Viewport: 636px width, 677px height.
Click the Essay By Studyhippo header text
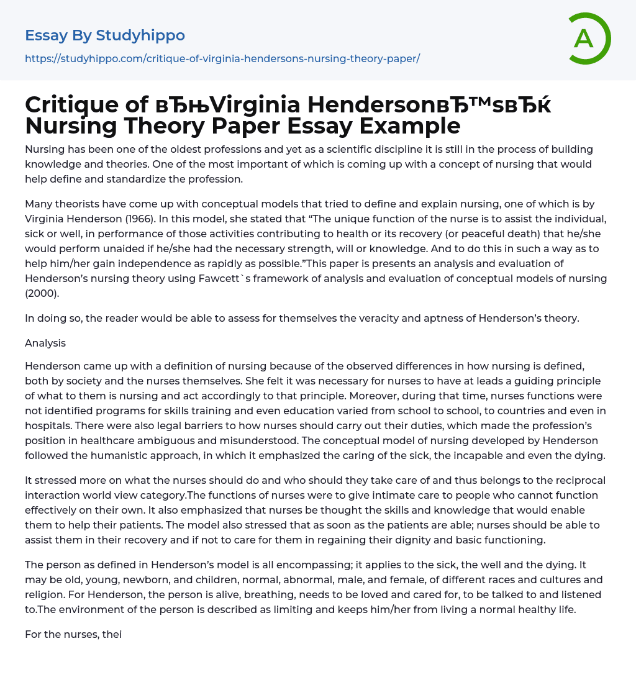[x=105, y=35]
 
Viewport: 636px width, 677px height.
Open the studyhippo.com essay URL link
[x=222, y=58]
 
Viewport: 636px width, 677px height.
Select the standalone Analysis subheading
[x=45, y=343]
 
